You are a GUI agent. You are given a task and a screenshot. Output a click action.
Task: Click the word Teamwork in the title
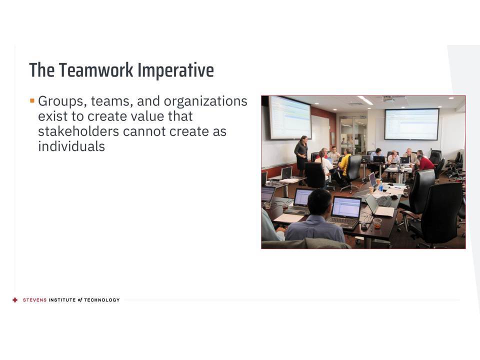coord(96,70)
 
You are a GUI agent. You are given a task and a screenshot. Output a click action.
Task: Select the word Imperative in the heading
coord(175,70)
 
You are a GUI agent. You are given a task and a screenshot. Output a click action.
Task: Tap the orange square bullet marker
coord(32,100)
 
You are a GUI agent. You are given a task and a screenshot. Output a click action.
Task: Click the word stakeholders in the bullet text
coord(78,131)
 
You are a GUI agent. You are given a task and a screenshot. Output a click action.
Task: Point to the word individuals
coord(71,146)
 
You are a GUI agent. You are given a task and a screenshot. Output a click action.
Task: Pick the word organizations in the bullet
coord(205,101)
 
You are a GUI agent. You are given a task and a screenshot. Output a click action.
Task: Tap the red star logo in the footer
coord(15,300)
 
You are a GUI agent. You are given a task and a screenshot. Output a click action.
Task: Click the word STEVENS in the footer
coord(35,300)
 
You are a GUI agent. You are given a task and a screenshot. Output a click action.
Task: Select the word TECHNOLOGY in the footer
coord(102,300)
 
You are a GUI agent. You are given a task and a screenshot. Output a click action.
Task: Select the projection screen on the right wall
coord(411,124)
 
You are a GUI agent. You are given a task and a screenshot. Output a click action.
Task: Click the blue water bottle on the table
coord(380,186)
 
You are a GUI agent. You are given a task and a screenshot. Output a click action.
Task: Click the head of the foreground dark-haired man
coord(319,201)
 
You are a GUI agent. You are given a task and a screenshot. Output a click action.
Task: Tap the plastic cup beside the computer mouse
coord(377,223)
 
